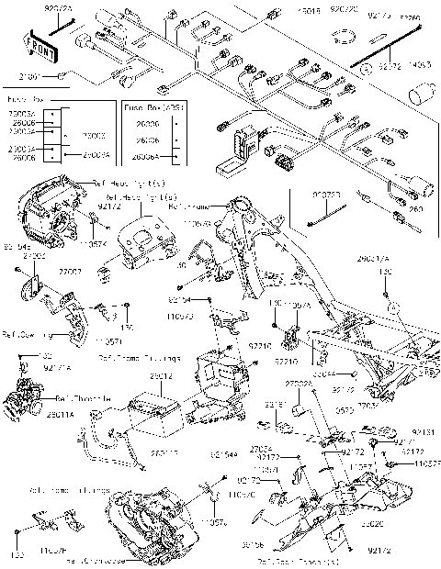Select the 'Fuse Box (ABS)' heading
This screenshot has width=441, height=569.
coord(153,107)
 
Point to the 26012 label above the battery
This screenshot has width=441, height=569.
coord(162,377)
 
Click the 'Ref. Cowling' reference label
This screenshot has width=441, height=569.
coord(24,334)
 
